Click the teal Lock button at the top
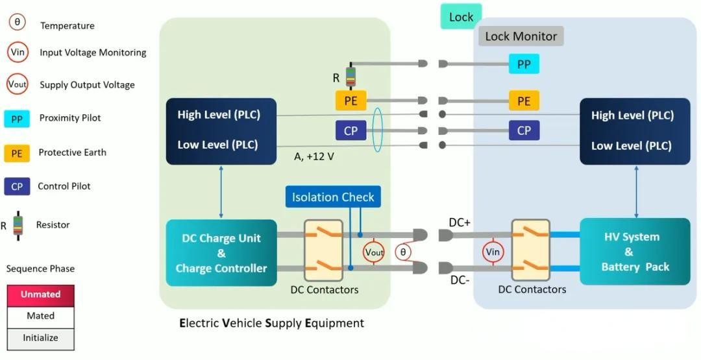[x=461, y=17]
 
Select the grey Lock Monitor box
[x=521, y=36]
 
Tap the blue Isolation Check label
[x=332, y=197]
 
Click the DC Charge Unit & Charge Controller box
[x=221, y=253]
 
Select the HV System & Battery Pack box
[x=634, y=252]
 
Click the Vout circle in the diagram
[x=375, y=252]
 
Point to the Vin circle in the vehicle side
[x=493, y=252]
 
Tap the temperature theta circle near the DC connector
[x=403, y=252]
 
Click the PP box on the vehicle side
[x=523, y=64]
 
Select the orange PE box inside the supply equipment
[x=350, y=101]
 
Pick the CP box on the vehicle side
[x=523, y=130]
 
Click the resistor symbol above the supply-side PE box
[x=350, y=77]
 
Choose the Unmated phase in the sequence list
[x=40, y=294]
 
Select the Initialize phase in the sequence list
[x=40, y=338]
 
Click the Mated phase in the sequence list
[x=40, y=316]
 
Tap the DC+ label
[x=460, y=222]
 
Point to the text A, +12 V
[x=314, y=157]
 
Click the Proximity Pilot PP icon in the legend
[x=17, y=119]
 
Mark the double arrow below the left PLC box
[x=221, y=192]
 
